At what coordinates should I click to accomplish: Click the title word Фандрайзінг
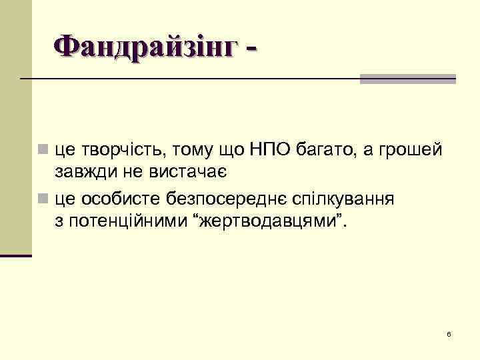(x=145, y=48)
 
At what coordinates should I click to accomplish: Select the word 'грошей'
(x=410, y=151)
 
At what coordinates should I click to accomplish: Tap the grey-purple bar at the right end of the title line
(x=407, y=79)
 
